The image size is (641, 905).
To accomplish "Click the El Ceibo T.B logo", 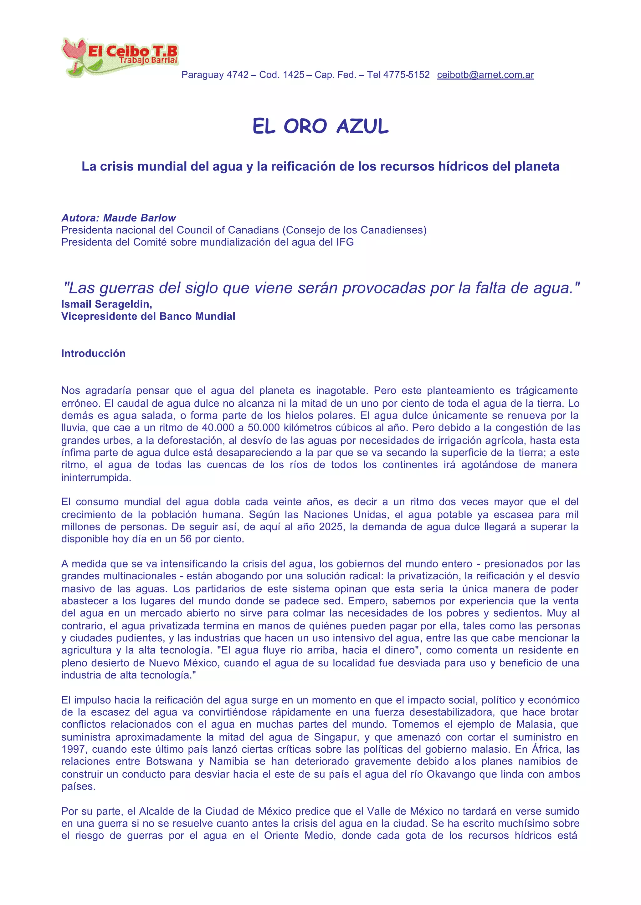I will click(x=120, y=57).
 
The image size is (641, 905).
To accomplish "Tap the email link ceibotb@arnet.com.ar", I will click(x=485, y=75).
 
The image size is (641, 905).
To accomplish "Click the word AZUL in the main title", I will click(x=362, y=127).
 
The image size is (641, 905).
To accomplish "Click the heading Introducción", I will click(x=93, y=353).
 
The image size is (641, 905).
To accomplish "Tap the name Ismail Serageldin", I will click(x=106, y=304).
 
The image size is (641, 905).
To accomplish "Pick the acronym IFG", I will click(x=345, y=242).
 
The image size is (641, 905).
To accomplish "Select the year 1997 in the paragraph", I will click(x=74, y=749).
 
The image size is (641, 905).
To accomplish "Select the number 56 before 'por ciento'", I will click(x=186, y=539).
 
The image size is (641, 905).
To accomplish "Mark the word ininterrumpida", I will click(x=96, y=477).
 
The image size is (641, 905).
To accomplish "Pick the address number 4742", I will click(x=238, y=75).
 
